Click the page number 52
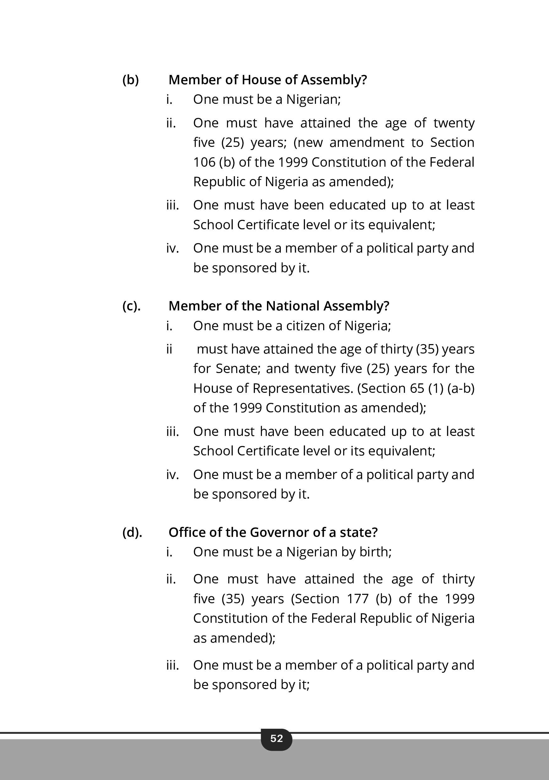tap(276, 738)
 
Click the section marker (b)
tap(131, 80)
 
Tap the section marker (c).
tap(131, 306)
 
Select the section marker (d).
tap(132, 532)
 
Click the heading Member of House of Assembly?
tap(268, 80)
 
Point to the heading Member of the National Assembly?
tap(279, 306)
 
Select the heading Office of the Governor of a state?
tap(273, 532)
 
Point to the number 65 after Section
tap(417, 388)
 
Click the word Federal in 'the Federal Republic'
tap(452, 162)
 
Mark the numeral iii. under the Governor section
tap(172, 665)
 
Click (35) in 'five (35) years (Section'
tap(233, 599)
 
